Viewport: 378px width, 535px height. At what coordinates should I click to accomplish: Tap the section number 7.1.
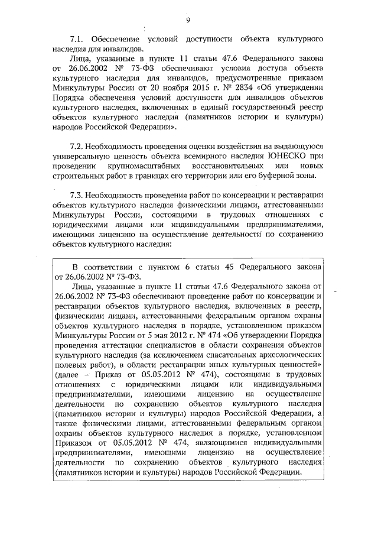[77, 38]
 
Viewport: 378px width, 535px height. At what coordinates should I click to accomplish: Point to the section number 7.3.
[77, 194]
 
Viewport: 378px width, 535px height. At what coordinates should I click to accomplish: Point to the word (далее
[70, 379]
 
